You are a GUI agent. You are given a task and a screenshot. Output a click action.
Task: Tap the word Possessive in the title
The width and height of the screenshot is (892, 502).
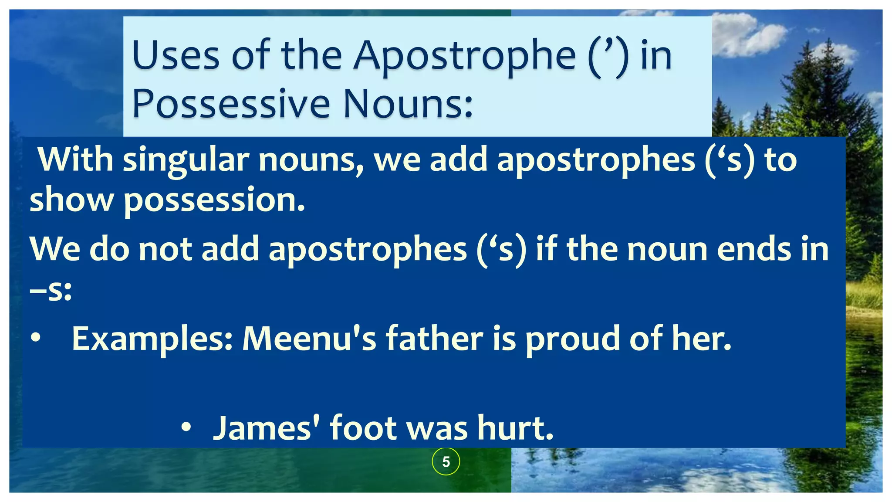point(231,105)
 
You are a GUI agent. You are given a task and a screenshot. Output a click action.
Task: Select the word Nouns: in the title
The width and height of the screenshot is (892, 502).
point(408,105)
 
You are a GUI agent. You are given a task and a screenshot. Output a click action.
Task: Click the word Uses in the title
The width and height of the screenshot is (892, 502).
point(176,56)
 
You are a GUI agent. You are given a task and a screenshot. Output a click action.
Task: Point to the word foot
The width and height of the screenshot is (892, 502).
point(363,428)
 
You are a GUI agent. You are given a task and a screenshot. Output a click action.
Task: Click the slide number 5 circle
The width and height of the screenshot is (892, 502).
point(446,461)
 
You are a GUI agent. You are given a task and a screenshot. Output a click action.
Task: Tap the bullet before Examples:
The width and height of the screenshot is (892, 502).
point(36,338)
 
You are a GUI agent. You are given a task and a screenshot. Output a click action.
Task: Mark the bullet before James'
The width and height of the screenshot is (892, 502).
point(186,427)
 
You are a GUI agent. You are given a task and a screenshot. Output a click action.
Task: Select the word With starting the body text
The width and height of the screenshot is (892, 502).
point(75,159)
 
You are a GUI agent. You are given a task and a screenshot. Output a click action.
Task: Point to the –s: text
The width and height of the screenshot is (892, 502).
point(51,290)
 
